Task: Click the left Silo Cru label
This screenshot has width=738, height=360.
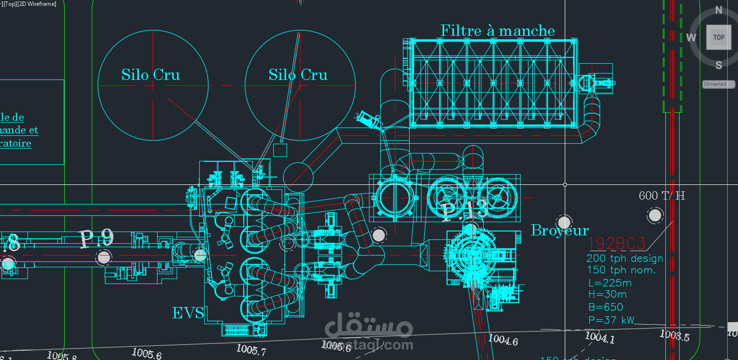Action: click(x=151, y=75)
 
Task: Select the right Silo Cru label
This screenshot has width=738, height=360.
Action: click(x=298, y=75)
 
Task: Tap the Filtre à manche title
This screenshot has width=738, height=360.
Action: click(x=498, y=31)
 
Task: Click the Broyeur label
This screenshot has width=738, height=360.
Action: click(x=559, y=230)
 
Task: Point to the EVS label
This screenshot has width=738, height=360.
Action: click(x=188, y=313)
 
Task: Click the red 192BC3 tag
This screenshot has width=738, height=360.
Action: click(x=617, y=243)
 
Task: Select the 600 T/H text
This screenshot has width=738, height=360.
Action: click(x=661, y=196)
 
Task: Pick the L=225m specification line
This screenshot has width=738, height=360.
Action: click(x=609, y=283)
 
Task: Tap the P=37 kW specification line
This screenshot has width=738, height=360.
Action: click(x=611, y=320)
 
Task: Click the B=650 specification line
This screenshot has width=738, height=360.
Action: click(x=606, y=308)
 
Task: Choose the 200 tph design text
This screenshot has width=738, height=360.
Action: click(x=625, y=258)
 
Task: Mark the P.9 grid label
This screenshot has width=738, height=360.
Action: click(x=97, y=238)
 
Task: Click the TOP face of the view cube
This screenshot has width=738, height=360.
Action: click(x=718, y=37)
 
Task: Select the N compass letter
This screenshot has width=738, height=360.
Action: click(x=718, y=10)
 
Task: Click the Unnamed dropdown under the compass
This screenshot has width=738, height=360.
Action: click(x=718, y=84)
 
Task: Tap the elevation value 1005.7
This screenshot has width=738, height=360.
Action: click(x=251, y=350)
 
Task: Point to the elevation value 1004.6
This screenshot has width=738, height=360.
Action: click(x=503, y=339)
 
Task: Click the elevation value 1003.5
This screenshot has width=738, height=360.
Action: click(x=674, y=336)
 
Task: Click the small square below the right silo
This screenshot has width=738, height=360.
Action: click(x=280, y=150)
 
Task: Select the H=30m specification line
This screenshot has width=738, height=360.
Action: click(x=607, y=295)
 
